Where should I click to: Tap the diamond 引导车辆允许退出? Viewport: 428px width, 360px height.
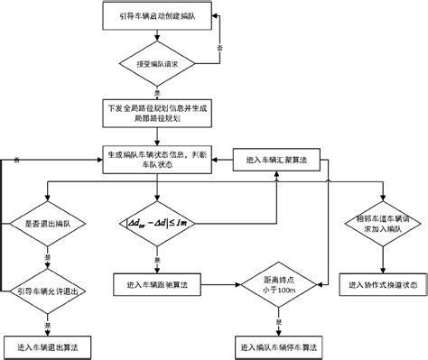49,291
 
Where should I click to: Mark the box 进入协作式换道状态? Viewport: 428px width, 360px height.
378,284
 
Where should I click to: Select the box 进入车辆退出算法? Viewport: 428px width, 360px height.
49,346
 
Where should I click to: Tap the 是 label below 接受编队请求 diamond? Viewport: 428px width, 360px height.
159,92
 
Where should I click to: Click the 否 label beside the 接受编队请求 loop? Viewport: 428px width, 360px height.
219,43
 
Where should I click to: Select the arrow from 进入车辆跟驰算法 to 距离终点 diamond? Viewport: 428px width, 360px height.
226,283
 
